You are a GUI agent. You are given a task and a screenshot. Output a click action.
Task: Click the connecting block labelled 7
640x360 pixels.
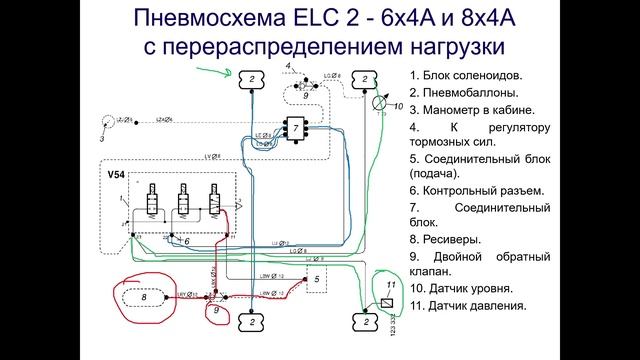295,127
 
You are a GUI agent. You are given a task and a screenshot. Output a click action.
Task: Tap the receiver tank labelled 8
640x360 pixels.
146,297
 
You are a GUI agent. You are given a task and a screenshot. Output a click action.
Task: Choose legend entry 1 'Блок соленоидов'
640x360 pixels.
466,75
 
